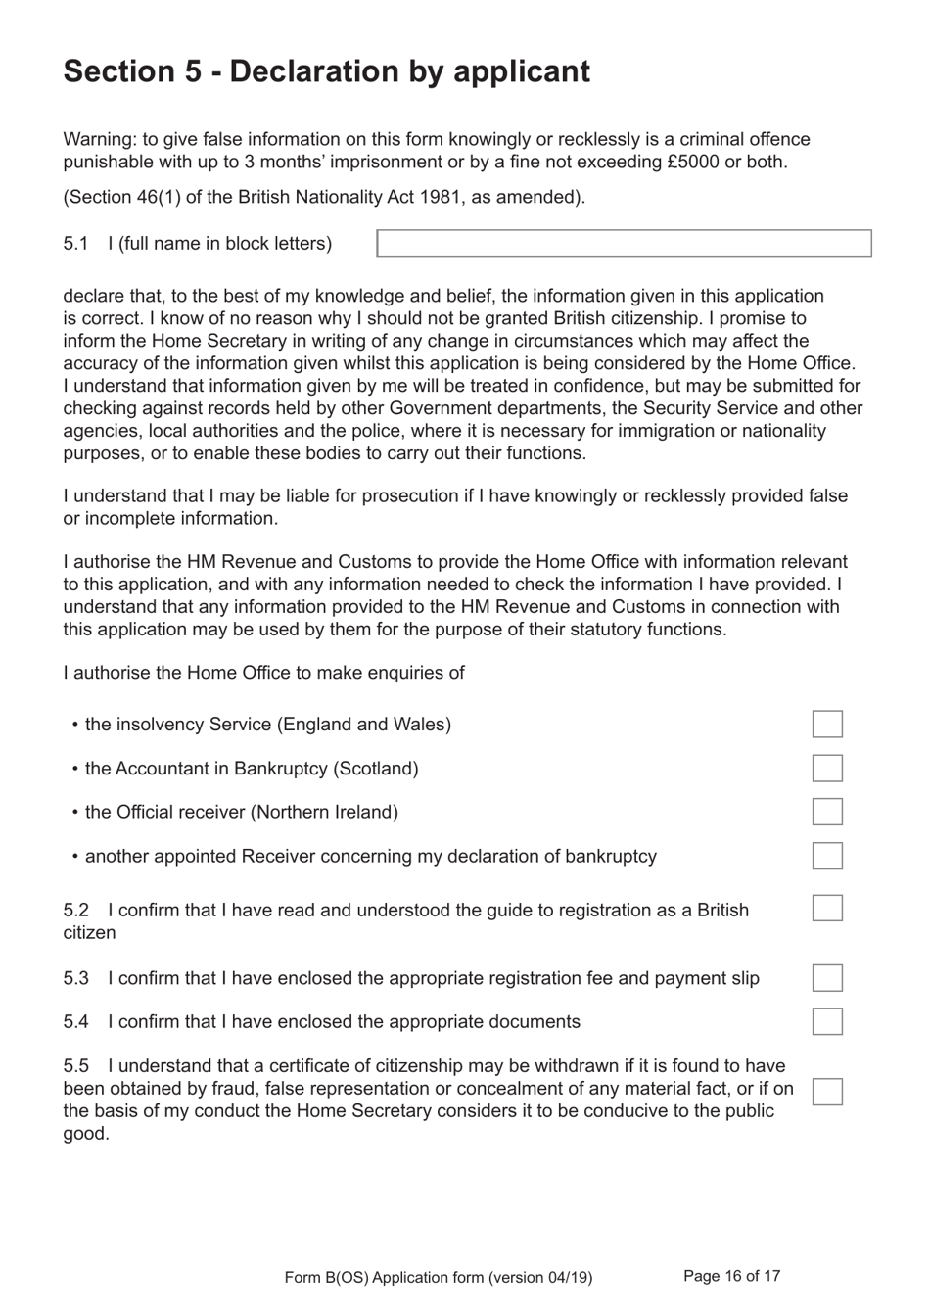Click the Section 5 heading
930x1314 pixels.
[x=326, y=71]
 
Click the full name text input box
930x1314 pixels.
[x=624, y=243]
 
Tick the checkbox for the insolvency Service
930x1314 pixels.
[x=827, y=725]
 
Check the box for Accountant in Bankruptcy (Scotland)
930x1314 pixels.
[x=827, y=769]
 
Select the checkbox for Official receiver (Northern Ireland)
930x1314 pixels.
[x=827, y=812]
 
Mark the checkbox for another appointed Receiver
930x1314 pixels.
[x=827, y=856]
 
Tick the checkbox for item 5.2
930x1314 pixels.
[x=827, y=908]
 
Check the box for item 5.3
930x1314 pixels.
[x=827, y=978]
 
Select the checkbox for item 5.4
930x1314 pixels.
[x=827, y=1021]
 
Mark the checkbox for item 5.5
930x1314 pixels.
[x=827, y=1092]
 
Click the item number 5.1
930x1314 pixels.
[x=75, y=244]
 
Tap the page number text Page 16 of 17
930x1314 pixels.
[x=731, y=1276]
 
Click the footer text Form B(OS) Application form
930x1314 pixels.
[x=438, y=1277]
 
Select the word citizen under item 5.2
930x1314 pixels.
[x=89, y=933]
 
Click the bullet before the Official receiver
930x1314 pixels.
[x=75, y=813]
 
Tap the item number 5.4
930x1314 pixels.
[x=75, y=1022]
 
